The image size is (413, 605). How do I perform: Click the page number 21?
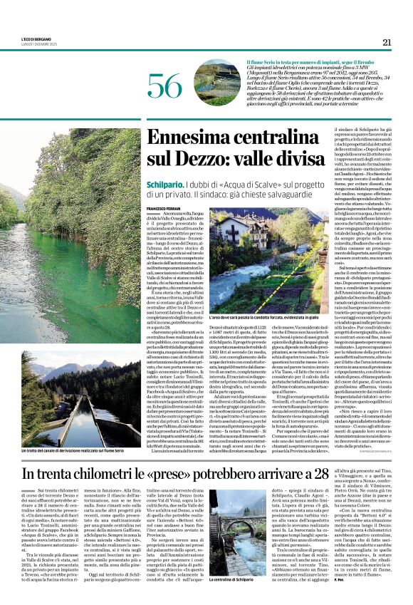[387, 42]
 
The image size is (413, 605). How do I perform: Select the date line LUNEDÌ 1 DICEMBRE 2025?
[37, 46]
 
